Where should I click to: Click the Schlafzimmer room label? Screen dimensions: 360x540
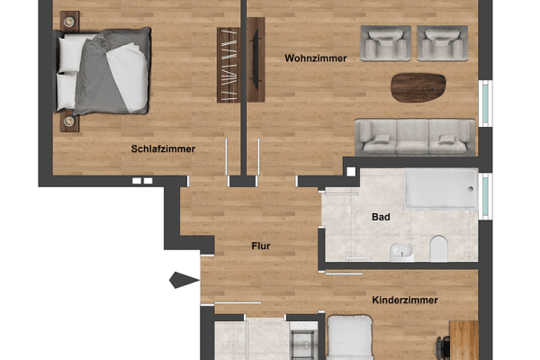click(x=163, y=149)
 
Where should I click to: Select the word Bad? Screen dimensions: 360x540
click(x=380, y=217)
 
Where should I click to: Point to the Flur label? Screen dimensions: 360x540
click(x=261, y=245)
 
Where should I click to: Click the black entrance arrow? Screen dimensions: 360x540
click(x=184, y=282)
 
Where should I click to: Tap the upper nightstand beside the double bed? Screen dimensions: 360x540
click(x=68, y=21)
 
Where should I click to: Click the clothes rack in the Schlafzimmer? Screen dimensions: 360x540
click(x=229, y=63)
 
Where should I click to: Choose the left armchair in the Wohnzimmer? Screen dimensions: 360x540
click(x=385, y=41)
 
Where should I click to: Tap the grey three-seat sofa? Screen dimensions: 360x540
click(x=415, y=135)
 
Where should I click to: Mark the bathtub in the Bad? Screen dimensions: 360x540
click(x=441, y=188)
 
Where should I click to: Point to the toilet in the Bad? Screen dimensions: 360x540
click(x=439, y=247)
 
